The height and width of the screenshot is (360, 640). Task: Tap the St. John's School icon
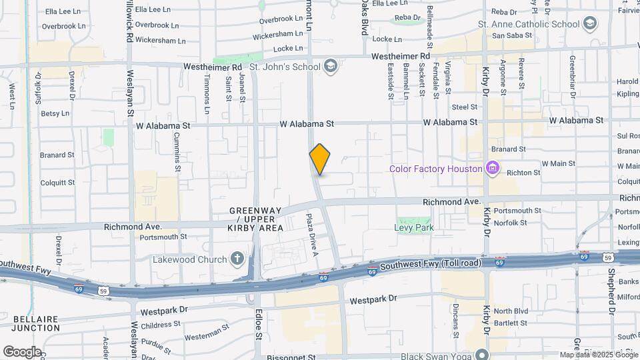pos(331,67)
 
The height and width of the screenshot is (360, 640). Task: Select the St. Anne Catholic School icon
pos(589,25)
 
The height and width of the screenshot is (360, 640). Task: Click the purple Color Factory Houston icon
pos(493,169)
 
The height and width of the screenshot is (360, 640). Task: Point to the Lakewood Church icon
pos(237,259)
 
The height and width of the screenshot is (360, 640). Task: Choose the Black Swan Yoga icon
pos(481,353)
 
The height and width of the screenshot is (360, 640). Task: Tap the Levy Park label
pos(415,227)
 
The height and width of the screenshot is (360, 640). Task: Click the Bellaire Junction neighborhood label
pos(31,323)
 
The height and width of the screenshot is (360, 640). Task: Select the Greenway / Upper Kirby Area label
pos(257,219)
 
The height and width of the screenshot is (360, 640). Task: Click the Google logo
pos(22,351)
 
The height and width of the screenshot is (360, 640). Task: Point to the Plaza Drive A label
pos(311,235)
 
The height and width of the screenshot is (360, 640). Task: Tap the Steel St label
pos(465,107)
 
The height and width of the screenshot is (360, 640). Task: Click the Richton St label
pos(523,173)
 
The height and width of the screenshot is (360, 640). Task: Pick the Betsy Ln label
pos(55,113)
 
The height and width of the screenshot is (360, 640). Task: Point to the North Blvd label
pos(511,311)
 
